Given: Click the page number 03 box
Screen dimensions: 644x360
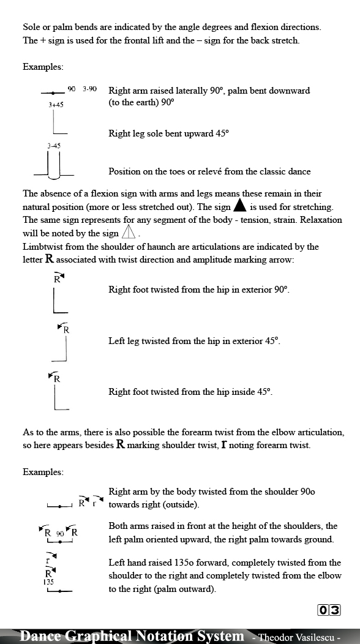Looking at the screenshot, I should pyautogui.click(x=329, y=610).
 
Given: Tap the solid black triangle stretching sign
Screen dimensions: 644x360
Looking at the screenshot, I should pyautogui.click(x=240, y=206).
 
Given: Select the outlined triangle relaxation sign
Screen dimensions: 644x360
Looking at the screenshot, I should pyautogui.click(x=128, y=233).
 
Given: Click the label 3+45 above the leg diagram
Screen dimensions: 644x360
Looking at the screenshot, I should pyautogui.click(x=56, y=105).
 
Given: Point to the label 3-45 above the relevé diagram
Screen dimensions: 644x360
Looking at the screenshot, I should pyautogui.click(x=54, y=146).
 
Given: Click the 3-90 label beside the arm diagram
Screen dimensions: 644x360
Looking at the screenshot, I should pyautogui.click(x=90, y=89).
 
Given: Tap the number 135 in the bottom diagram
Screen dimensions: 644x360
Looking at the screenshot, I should pyautogui.click(x=48, y=582).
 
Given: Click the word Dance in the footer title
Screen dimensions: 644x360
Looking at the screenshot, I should pyautogui.click(x=40, y=636).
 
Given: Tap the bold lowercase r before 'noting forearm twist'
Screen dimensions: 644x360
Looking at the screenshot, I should pyautogui.click(x=224, y=445).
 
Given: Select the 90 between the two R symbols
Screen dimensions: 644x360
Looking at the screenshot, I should pyautogui.click(x=60, y=534).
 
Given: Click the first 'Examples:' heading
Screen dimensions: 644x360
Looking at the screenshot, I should pyautogui.click(x=43, y=66).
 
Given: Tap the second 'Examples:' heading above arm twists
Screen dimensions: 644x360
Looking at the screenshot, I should pyautogui.click(x=43, y=472).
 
